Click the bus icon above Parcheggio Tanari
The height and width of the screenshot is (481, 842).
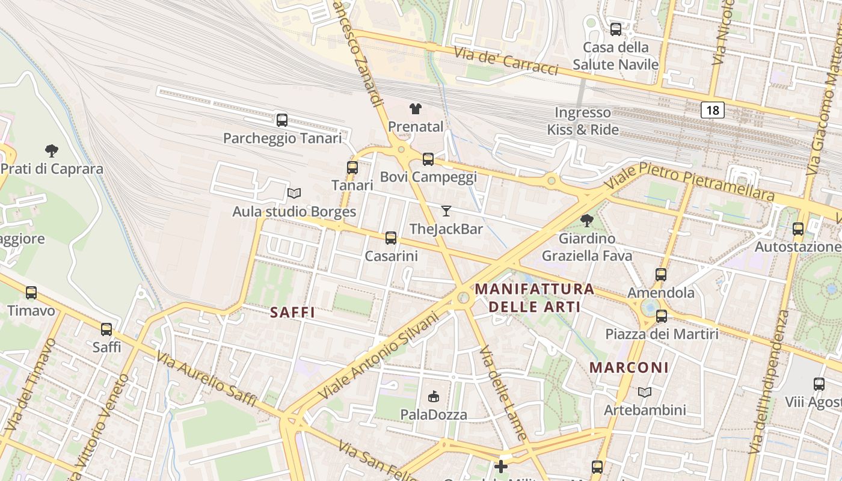click(282, 120)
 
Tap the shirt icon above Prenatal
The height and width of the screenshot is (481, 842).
click(416, 109)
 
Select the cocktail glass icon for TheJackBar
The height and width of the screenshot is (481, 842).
click(446, 211)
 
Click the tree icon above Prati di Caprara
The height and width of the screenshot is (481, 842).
click(52, 151)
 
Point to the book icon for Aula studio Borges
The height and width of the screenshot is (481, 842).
click(294, 194)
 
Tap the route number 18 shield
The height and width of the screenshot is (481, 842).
click(713, 110)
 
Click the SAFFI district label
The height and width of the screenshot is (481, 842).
click(293, 313)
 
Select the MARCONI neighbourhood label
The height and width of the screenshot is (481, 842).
click(629, 367)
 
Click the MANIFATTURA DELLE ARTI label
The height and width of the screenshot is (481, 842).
click(535, 298)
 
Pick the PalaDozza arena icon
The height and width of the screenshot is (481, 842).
click(434, 396)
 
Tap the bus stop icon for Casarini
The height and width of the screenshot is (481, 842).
click(391, 238)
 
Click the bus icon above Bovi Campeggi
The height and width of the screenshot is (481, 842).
click(428, 159)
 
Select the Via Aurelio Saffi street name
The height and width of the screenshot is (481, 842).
click(207, 379)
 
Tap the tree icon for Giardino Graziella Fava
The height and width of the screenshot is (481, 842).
click(587, 221)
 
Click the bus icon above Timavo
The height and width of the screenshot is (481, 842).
click(31, 293)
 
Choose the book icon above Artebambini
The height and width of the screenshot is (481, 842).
click(645, 393)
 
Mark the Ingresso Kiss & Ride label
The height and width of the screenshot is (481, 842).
click(582, 121)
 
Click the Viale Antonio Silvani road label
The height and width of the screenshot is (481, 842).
click(378, 355)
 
